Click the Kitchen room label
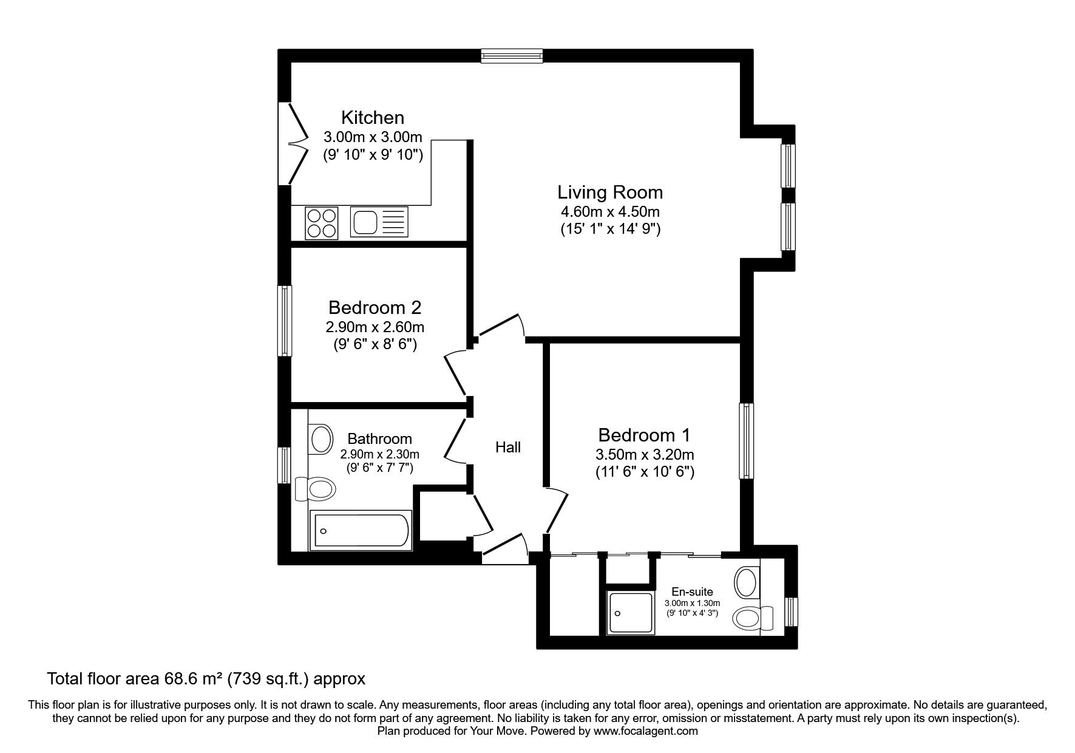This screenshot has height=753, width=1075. point(373,117)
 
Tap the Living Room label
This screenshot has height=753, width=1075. point(610,193)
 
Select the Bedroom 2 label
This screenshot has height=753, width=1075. point(375,307)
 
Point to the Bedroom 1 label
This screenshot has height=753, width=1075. point(644,435)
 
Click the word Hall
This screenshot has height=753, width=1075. point(508,448)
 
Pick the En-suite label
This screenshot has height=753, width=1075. point(692,591)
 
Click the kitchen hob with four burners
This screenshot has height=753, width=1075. point(322,222)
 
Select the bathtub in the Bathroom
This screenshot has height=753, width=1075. point(361,530)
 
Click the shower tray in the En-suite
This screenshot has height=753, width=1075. point(631,613)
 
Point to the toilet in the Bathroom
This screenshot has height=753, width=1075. point(316,488)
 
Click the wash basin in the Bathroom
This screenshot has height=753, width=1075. point(321,438)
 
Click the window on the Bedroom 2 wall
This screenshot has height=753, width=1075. point(285,321)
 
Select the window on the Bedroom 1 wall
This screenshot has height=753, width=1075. point(747,440)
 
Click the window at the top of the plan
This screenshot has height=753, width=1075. point(512,56)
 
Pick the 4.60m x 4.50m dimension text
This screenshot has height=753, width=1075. point(610,212)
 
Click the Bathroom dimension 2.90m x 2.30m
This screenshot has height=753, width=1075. point(380,454)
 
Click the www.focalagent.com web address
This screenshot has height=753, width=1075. point(646,731)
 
